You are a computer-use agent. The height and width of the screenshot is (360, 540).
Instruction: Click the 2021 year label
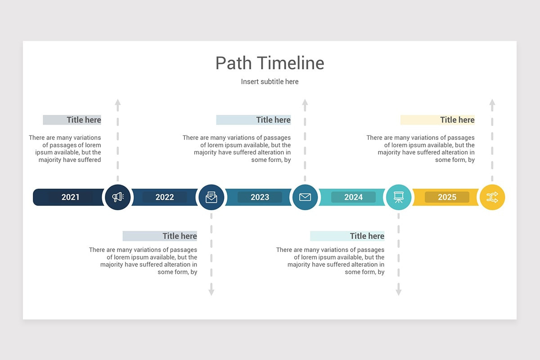point(71,197)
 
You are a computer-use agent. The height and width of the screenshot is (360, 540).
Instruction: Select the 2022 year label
point(165,197)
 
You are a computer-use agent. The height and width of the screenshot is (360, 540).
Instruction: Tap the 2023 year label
point(260,197)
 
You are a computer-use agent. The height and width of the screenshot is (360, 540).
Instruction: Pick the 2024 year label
point(353,197)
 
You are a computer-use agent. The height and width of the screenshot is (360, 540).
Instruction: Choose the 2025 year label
point(447,197)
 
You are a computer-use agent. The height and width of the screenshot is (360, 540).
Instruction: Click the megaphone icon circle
point(118,197)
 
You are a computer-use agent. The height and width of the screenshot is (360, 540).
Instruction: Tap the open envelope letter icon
point(211,197)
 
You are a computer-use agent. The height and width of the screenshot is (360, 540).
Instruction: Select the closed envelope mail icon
point(305,197)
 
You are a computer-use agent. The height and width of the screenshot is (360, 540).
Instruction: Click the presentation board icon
point(399,197)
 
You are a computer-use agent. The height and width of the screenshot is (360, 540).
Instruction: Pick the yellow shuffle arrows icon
point(492,197)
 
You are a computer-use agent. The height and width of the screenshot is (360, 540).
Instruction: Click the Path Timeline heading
point(270,63)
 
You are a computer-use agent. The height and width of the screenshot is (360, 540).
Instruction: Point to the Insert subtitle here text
point(270,81)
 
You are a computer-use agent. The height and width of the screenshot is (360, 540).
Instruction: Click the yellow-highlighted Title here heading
point(457,120)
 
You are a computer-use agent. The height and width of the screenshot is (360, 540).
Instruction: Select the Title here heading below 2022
point(180,236)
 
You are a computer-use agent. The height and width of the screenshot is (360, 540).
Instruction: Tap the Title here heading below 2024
point(367,236)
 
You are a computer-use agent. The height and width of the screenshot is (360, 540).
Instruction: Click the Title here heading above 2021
point(84,120)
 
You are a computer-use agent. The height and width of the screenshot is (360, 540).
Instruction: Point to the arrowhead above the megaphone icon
point(118,102)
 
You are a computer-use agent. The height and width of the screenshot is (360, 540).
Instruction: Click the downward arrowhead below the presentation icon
point(399,292)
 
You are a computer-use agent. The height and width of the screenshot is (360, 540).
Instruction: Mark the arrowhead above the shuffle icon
point(492,102)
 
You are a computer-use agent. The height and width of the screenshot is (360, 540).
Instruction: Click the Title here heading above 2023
point(273,120)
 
